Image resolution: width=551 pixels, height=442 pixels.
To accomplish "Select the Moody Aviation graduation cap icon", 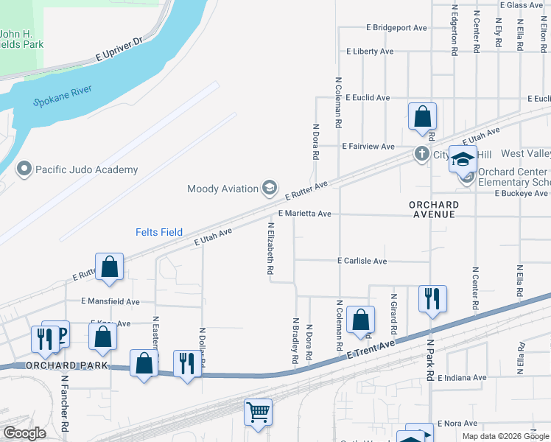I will pyautogui.click(x=269, y=189).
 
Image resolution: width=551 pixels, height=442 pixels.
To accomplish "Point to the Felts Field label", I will pyautogui.click(x=158, y=232).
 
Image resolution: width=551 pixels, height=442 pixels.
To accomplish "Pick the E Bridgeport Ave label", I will pyautogui.click(x=396, y=28).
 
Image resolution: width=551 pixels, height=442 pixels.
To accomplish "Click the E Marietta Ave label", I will pyautogui.click(x=304, y=214).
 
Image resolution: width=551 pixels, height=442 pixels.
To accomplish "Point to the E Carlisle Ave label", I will pyautogui.click(x=362, y=261).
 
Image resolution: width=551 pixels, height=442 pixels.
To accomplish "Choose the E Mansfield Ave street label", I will pyautogui.click(x=110, y=301).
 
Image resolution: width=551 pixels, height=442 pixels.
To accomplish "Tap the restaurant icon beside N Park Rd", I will pyautogui.click(x=430, y=298).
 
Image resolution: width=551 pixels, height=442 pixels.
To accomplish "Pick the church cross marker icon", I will pyautogui.click(x=421, y=154).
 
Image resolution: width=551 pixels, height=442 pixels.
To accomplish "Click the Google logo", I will pyautogui.click(x=24, y=433).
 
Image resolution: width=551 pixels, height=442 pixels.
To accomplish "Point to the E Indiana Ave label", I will pyautogui.click(x=462, y=378).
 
